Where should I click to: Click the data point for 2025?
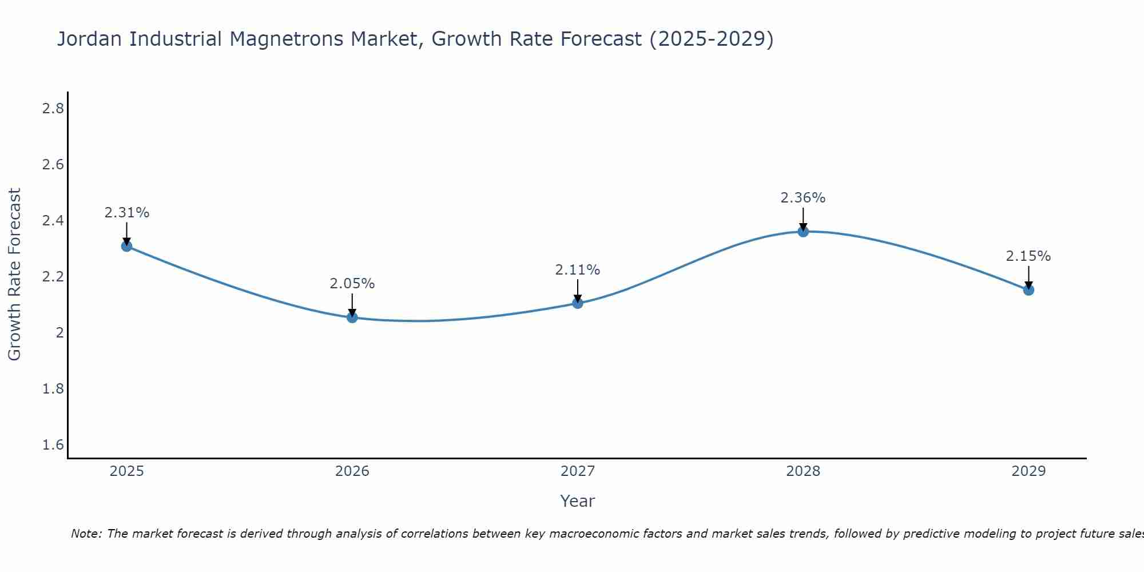click(127, 246)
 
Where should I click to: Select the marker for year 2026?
click(352, 317)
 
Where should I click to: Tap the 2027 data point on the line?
click(578, 303)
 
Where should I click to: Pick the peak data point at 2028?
click(803, 232)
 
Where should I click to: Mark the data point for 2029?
click(1028, 290)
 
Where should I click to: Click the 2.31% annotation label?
click(127, 213)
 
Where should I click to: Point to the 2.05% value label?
click(352, 284)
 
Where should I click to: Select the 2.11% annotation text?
click(578, 270)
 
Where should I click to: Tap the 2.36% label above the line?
click(803, 198)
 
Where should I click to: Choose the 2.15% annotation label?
click(1028, 256)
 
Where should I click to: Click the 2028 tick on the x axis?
click(803, 471)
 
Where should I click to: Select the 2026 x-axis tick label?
click(352, 471)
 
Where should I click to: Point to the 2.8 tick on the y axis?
click(53, 109)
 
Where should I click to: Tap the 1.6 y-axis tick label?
click(53, 445)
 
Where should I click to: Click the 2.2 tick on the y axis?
click(53, 277)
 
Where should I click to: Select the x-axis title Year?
click(578, 501)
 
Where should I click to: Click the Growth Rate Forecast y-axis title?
click(15, 275)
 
